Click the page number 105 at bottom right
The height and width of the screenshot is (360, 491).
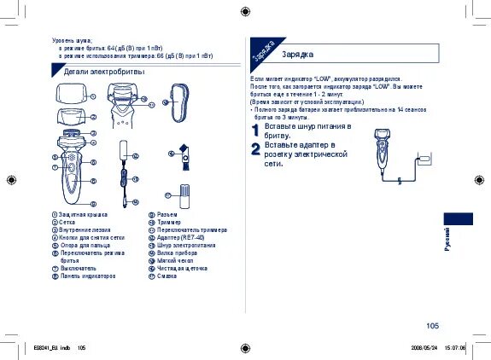(x=432, y=325)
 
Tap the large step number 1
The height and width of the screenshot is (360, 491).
(x=255, y=131)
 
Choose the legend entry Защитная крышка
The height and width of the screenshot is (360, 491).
(x=83, y=215)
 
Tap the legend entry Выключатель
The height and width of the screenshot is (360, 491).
(x=78, y=269)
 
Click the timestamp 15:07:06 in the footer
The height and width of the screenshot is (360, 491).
(x=453, y=348)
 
